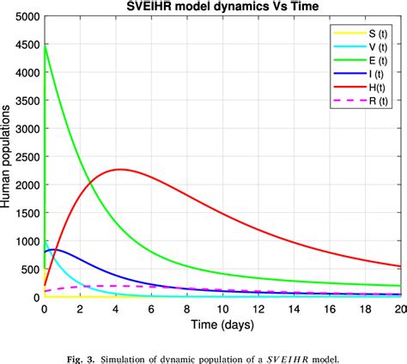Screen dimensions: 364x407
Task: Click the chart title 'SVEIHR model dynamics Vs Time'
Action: click(x=222, y=7)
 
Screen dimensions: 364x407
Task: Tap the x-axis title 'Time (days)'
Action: click(x=222, y=327)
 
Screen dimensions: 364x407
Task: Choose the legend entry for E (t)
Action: click(x=353, y=62)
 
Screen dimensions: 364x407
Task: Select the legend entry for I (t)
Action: click(x=353, y=76)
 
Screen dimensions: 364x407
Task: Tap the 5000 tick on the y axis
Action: click(x=25, y=17)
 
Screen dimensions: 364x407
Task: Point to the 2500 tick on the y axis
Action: click(x=25, y=157)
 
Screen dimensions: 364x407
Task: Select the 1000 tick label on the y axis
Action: click(x=25, y=241)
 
